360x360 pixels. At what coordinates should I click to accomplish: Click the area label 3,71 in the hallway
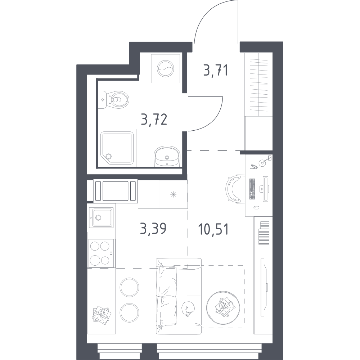(x=216, y=70)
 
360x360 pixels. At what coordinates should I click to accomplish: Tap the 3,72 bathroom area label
(x=154, y=120)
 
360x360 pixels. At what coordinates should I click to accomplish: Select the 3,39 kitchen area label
(x=153, y=229)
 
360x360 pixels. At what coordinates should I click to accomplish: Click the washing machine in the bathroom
(x=165, y=68)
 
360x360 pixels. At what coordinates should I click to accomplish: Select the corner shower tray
(x=117, y=147)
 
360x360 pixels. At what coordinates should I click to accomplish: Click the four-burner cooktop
(x=101, y=253)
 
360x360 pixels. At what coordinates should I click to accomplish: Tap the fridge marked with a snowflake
(x=173, y=194)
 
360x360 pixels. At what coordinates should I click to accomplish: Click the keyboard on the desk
(x=252, y=189)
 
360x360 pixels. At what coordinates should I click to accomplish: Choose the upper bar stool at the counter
(x=129, y=287)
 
